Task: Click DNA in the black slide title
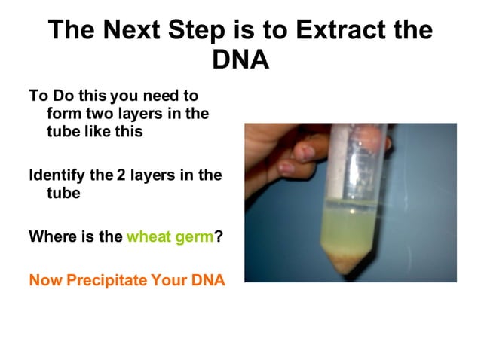(x=240, y=59)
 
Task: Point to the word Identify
(x=59, y=175)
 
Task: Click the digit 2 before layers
(x=121, y=175)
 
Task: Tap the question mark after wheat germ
(x=219, y=236)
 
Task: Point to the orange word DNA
(x=209, y=281)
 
